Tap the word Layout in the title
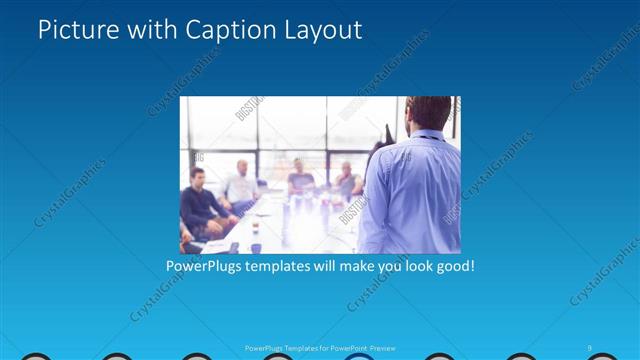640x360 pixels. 319,30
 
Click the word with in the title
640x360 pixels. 147,30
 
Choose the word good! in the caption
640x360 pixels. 452,267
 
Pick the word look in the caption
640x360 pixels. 410,267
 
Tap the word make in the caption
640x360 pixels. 364,267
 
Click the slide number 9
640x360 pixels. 591,347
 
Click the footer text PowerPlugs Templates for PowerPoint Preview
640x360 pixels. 320,348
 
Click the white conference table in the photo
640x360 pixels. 290,225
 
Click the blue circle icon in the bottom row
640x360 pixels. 357,356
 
